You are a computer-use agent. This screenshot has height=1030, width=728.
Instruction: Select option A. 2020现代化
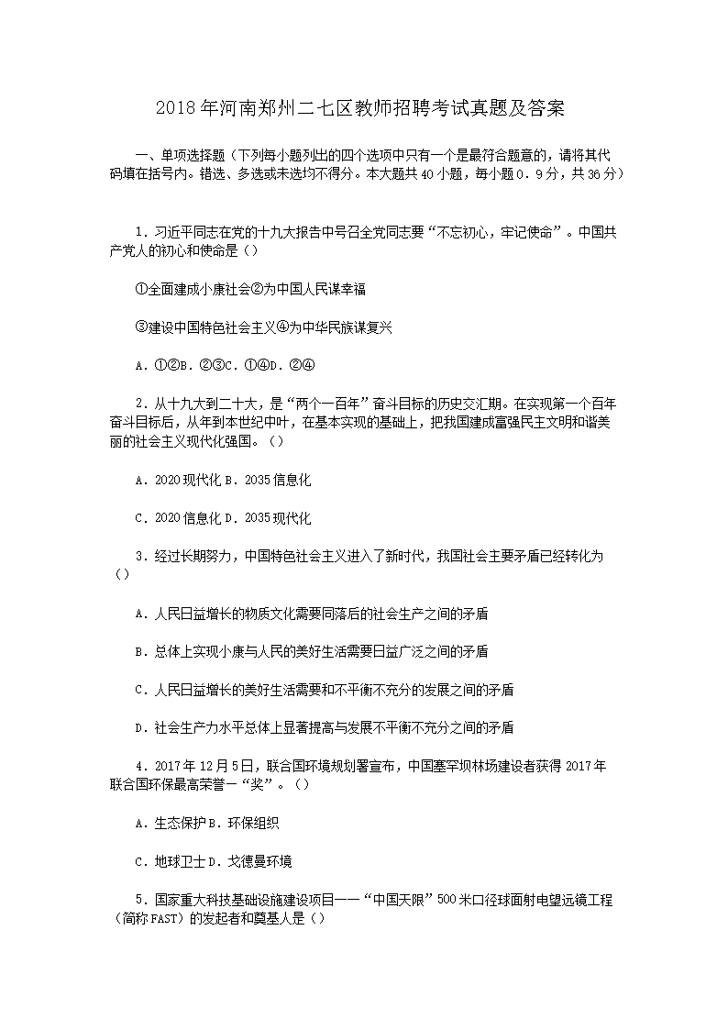[177, 480]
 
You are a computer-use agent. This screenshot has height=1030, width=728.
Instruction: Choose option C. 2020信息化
[177, 518]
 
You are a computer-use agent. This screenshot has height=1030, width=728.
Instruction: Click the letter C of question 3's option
[139, 690]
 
